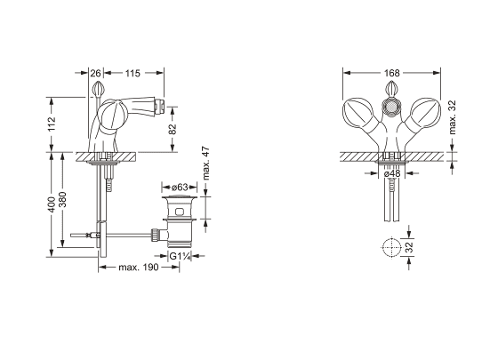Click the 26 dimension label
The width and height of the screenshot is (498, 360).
[95, 73]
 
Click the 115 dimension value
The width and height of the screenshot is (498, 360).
[133, 73]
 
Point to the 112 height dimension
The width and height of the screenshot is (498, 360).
[52, 124]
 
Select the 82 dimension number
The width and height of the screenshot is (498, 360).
[173, 129]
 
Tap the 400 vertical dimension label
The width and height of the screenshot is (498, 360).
[52, 204]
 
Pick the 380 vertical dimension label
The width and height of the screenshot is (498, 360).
[63, 199]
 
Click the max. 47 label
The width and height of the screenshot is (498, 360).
[206, 164]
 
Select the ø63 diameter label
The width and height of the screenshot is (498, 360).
[180, 187]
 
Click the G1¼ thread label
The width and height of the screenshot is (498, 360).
[180, 256]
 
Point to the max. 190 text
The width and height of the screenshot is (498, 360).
[138, 268]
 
